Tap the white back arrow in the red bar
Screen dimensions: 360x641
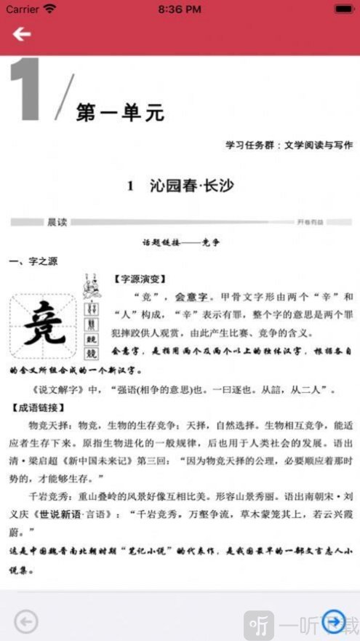point(22,34)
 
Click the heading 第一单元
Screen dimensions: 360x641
point(120,113)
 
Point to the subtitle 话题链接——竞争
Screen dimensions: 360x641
point(180,244)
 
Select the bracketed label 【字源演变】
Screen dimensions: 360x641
point(141,279)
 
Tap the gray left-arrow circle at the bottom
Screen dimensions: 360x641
point(26,621)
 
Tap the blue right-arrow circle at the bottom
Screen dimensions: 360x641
point(333,621)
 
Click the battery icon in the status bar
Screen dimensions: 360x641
point(343,9)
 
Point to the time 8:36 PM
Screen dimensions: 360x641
point(180,9)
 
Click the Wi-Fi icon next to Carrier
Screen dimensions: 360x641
point(49,9)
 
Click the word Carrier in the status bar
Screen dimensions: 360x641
point(23,9)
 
